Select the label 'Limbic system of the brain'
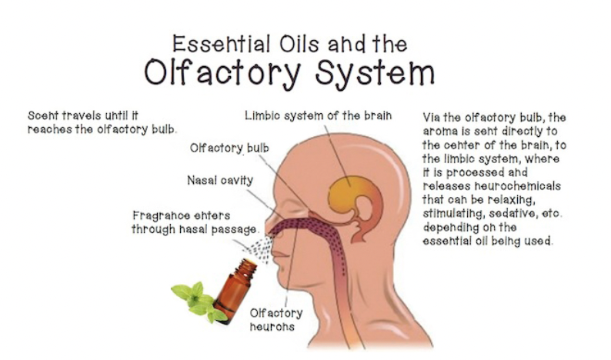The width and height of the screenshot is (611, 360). point(318,115)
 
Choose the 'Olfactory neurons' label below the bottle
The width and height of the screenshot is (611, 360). point(276,319)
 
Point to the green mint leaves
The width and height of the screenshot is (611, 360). point(193,300)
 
